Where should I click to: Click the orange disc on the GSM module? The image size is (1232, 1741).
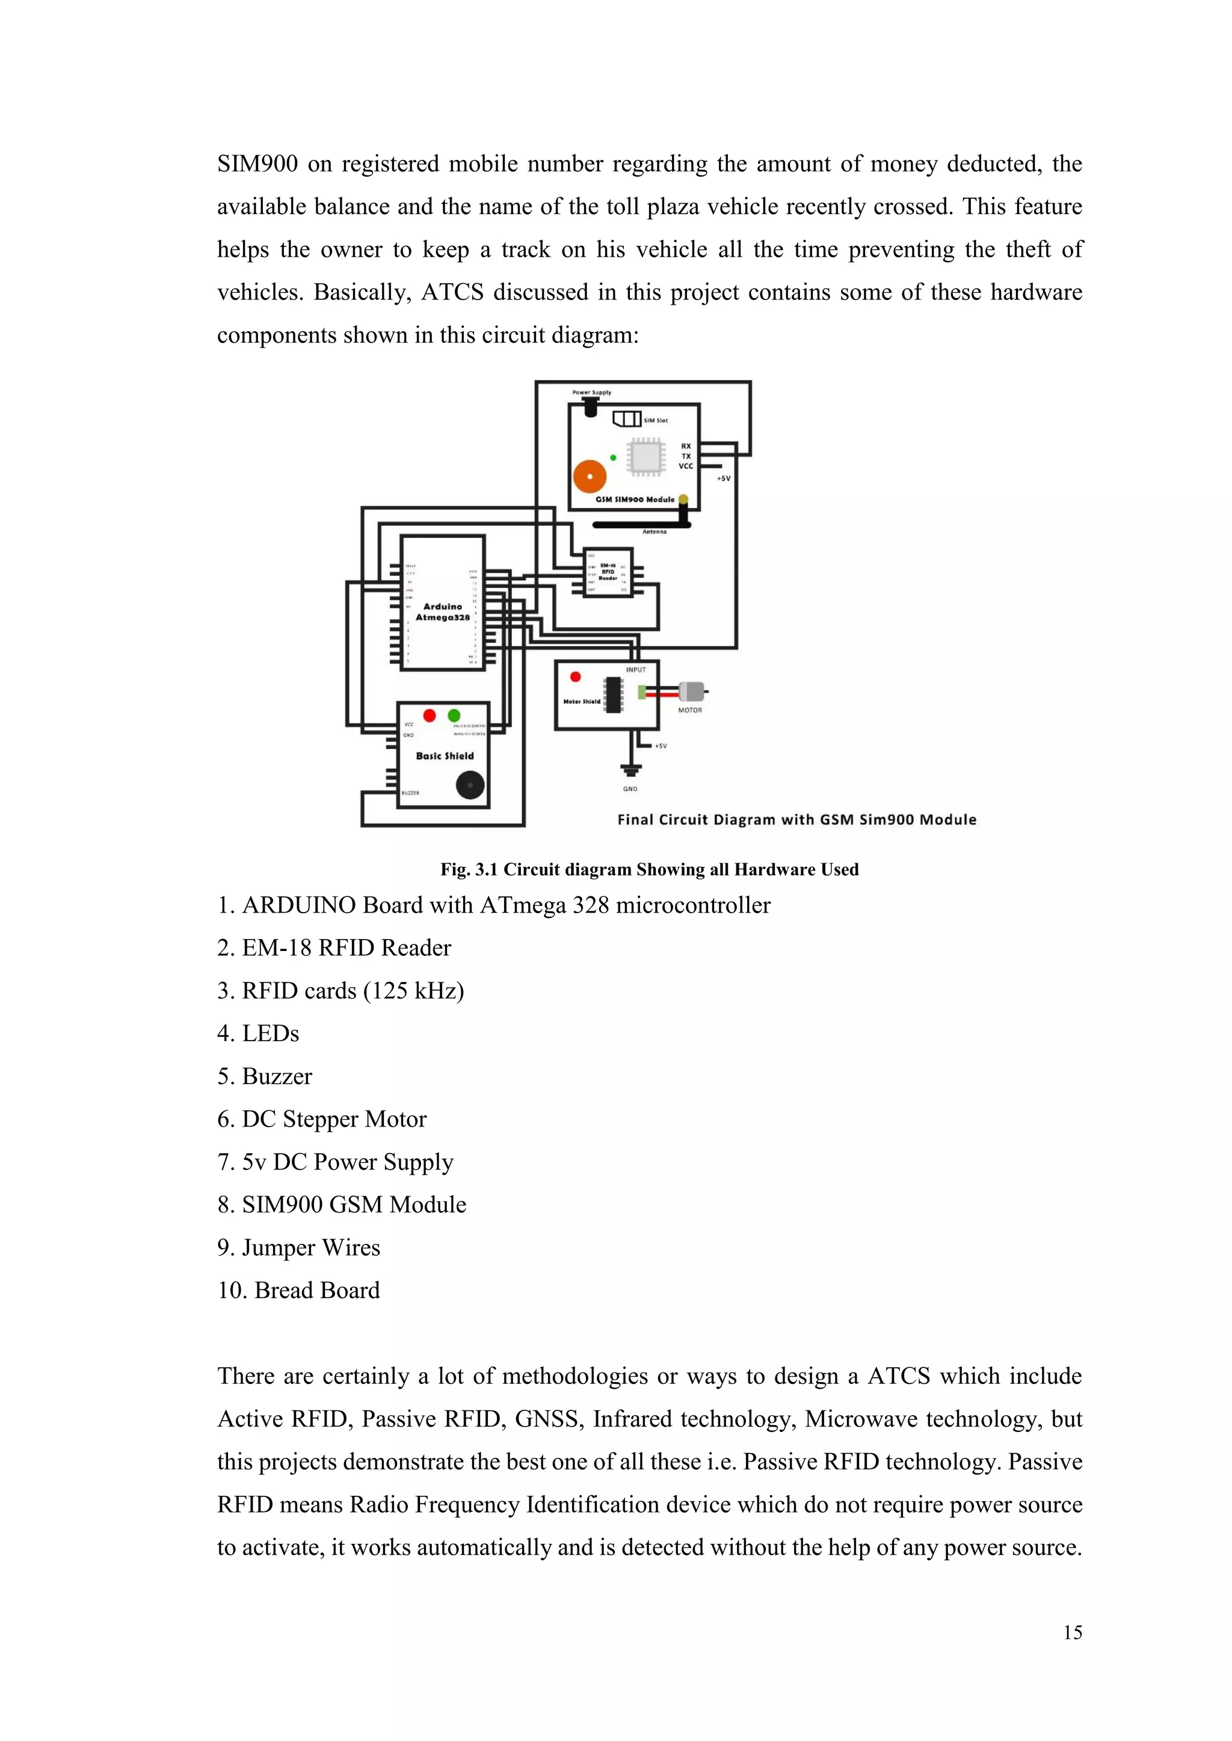pos(590,476)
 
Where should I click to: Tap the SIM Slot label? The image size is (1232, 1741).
pos(656,420)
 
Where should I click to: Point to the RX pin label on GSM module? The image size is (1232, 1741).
pos(686,446)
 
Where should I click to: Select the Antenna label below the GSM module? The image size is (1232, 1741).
pos(654,531)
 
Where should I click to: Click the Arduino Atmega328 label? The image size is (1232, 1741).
pos(442,612)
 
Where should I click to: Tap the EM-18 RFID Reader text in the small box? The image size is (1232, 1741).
pos(608,572)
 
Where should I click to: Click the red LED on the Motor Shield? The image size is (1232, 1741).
pos(575,676)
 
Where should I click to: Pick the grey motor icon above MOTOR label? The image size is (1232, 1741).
pos(692,691)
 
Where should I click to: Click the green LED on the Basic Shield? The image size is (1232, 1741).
pos(454,715)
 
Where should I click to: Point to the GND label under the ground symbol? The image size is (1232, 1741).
pos(630,789)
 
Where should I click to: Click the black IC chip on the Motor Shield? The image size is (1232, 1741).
pos(613,694)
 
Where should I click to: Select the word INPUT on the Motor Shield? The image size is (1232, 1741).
pos(636,670)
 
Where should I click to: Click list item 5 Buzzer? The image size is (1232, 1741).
pos(265,1076)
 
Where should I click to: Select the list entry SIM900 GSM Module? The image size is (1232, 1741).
pos(354,1204)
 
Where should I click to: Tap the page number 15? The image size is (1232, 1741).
pos(1072,1633)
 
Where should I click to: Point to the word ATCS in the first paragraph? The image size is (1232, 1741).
pos(452,292)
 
